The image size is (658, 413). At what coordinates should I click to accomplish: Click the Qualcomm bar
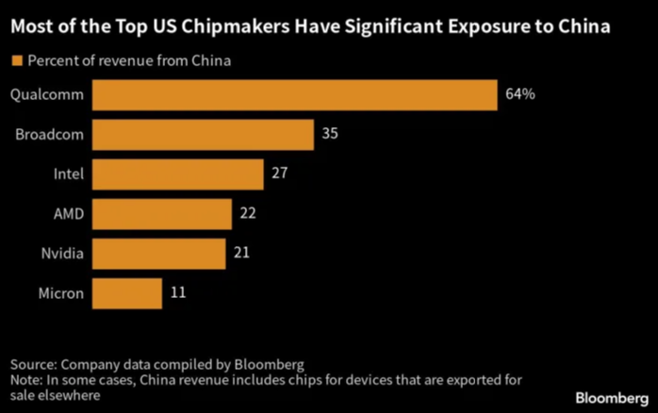295,95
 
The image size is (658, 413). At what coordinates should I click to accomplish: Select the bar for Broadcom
204,135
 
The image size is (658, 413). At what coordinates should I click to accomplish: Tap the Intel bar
178,174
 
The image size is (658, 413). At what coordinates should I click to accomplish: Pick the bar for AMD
162,214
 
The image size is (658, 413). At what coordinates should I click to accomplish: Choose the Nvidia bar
159,254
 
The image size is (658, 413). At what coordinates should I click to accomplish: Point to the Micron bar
127,293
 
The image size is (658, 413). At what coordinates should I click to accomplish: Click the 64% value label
520,95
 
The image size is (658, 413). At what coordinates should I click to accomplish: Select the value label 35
329,135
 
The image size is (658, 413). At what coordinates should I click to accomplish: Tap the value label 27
278,174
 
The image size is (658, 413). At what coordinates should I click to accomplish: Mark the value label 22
248,214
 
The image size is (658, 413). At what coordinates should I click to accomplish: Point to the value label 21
241,254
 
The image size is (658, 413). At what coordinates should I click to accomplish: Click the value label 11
177,293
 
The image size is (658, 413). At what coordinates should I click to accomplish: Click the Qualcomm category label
47,95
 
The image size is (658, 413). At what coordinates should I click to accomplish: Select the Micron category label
60,293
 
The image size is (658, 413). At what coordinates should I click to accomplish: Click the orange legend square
16,61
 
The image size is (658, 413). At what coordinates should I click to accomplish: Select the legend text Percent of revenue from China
130,61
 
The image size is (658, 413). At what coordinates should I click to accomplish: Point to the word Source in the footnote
34,364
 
